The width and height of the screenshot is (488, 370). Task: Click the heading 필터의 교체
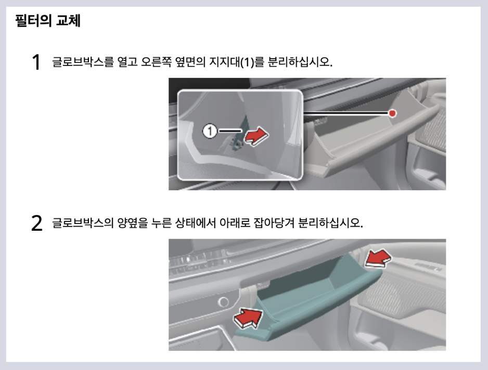[x=48, y=22]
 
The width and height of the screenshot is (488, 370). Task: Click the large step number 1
[x=36, y=63]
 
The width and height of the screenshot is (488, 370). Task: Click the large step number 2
[x=36, y=223]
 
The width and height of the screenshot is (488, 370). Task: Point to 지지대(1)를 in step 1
[x=236, y=62]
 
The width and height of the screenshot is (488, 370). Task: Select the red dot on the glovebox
[x=393, y=113]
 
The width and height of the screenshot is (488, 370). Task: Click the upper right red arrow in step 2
[x=377, y=257]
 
